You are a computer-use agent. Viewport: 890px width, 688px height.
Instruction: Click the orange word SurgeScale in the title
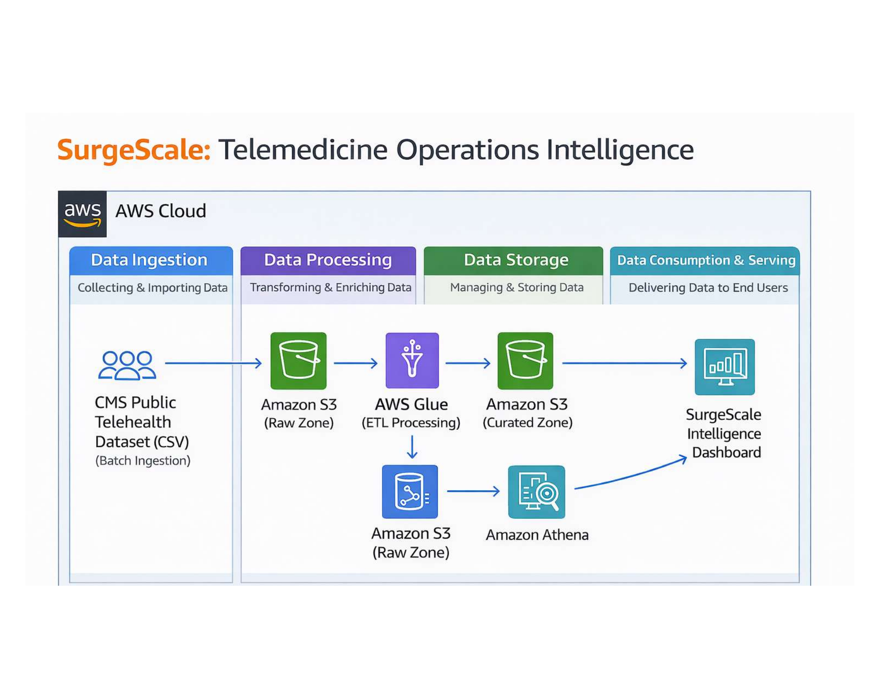pyautogui.click(x=134, y=150)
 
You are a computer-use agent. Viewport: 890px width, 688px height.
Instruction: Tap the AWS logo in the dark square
pyautogui.click(x=82, y=214)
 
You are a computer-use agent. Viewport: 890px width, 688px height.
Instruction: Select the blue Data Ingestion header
pyautogui.click(x=150, y=260)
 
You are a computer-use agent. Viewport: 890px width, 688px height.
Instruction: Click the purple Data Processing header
pyautogui.click(x=328, y=260)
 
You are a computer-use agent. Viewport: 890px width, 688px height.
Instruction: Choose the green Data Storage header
pyautogui.click(x=516, y=260)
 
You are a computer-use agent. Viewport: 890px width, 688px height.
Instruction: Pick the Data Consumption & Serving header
pyautogui.click(x=706, y=260)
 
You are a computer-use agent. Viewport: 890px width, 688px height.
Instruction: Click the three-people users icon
pyautogui.click(x=127, y=365)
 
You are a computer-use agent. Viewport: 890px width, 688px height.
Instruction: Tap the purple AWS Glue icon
pyautogui.click(x=412, y=360)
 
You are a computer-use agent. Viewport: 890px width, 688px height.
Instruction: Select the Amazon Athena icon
pyautogui.click(x=536, y=492)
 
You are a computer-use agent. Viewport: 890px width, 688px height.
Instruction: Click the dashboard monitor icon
pyautogui.click(x=724, y=366)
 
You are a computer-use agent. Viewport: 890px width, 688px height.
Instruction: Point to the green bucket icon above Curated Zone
pyautogui.click(x=525, y=360)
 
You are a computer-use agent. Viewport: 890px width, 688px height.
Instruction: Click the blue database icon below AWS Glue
pyautogui.click(x=410, y=491)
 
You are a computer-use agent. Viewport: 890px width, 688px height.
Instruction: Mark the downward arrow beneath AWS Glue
pyautogui.click(x=412, y=447)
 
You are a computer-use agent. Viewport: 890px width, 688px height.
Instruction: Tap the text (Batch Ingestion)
pyautogui.click(x=142, y=460)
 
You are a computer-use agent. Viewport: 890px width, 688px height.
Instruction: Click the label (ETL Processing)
pyautogui.click(x=410, y=422)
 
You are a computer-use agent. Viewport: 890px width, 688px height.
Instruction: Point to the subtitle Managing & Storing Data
pyautogui.click(x=516, y=287)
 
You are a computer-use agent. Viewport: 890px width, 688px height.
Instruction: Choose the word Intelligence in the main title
pyautogui.click(x=620, y=150)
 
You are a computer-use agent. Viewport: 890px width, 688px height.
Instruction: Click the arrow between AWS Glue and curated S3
pyautogui.click(x=467, y=363)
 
